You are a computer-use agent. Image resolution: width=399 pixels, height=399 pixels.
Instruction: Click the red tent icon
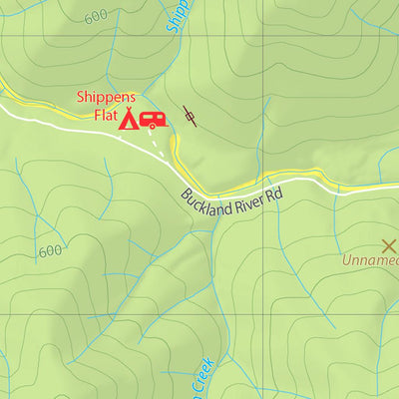pyautogui.click(x=128, y=120)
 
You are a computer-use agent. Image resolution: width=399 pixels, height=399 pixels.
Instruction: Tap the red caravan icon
pyautogui.click(x=153, y=121)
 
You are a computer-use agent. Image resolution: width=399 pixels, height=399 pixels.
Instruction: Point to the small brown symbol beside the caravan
pyautogui.click(x=190, y=117)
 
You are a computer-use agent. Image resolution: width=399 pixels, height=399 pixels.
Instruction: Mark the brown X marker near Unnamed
pyautogui.click(x=389, y=244)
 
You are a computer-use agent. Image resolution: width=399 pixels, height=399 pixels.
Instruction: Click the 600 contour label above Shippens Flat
pyautogui.click(x=97, y=17)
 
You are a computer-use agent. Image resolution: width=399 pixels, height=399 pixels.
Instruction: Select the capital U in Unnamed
pyautogui.click(x=347, y=262)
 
